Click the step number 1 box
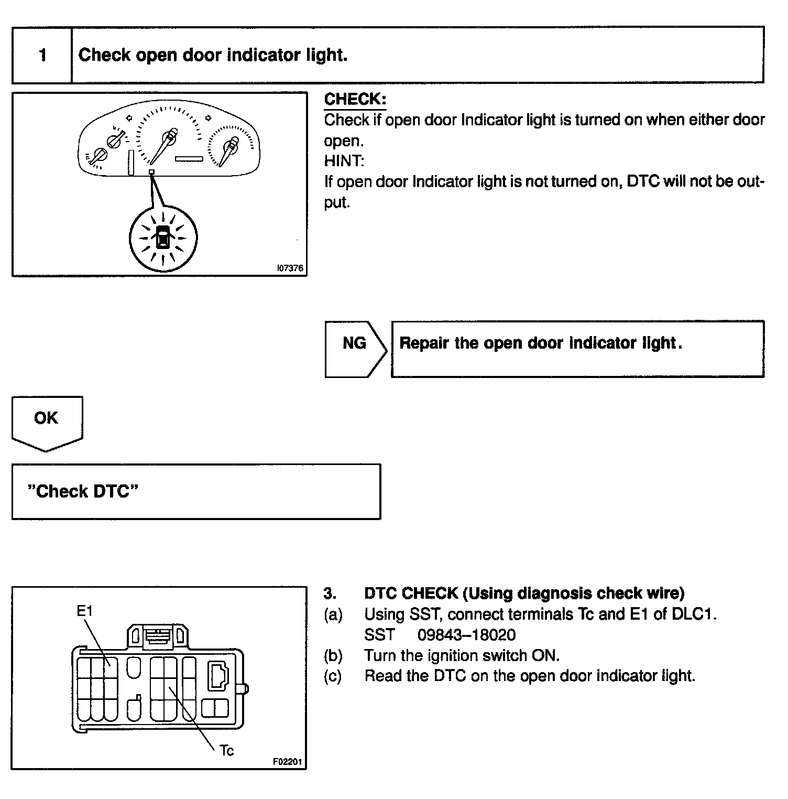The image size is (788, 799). click(42, 55)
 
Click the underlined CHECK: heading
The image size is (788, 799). click(355, 99)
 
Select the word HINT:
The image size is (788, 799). click(344, 161)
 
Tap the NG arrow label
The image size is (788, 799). click(354, 343)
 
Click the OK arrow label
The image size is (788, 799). click(46, 418)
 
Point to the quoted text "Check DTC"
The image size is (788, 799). click(83, 491)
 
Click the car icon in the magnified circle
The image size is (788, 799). click(163, 237)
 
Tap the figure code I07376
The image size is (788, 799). click(290, 268)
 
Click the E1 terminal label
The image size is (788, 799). click(85, 611)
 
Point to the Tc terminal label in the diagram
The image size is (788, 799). click(227, 750)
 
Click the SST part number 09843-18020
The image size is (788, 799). click(466, 635)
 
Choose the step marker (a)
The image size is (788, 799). click(333, 614)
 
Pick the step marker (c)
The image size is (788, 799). click(333, 676)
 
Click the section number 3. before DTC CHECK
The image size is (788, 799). click(330, 593)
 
